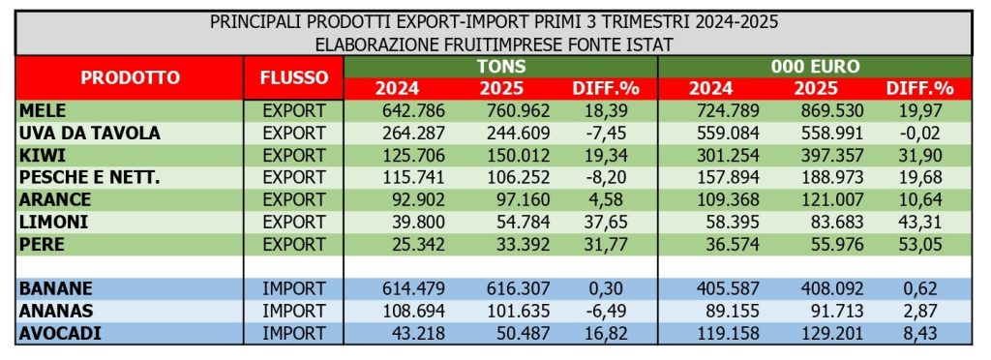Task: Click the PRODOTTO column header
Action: pyautogui.click(x=130, y=77)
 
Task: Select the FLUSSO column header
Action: pyautogui.click(x=294, y=77)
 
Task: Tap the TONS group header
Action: pyautogui.click(x=500, y=67)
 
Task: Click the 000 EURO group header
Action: pyautogui.click(x=815, y=67)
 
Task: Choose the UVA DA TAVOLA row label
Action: pyautogui.click(x=81, y=133)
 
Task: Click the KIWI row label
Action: pyautogui.click(x=42, y=155)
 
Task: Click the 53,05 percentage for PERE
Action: pyautogui.click(x=920, y=244)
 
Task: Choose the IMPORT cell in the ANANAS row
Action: pyautogui.click(x=294, y=310)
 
